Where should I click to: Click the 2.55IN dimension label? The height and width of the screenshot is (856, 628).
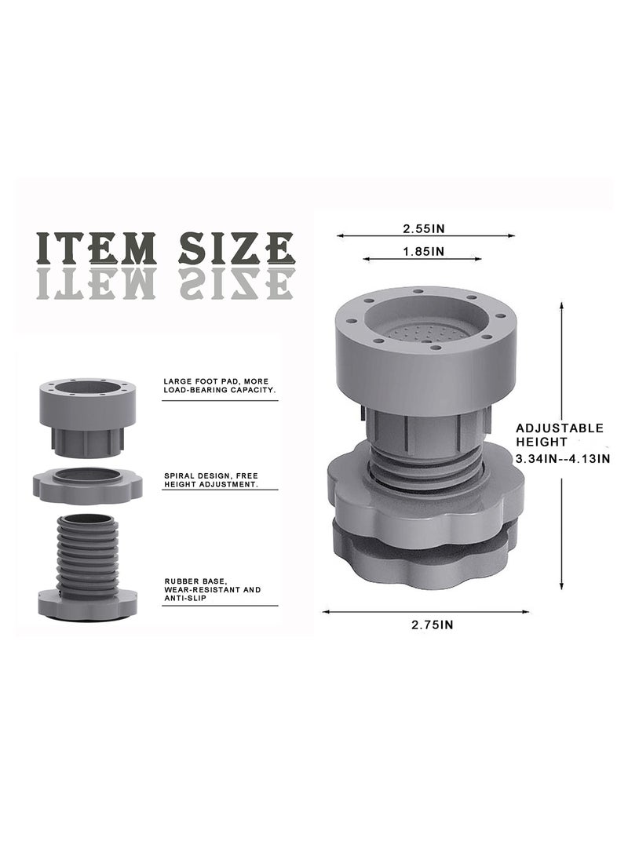424,228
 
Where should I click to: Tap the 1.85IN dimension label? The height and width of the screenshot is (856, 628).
424,251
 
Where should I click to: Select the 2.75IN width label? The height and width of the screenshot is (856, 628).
432,625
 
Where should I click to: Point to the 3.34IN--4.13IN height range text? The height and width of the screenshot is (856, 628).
563,458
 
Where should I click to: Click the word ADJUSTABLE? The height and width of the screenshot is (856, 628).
560,428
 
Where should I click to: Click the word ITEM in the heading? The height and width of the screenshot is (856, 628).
96,249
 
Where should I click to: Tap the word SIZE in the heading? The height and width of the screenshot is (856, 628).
236,249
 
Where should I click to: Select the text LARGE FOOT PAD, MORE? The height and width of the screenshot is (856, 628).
216,381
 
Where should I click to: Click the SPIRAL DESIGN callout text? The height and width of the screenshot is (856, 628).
211,480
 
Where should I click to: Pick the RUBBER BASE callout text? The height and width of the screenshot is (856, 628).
213,589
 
